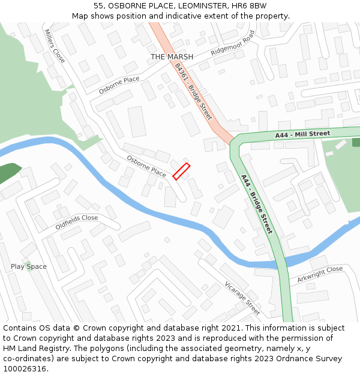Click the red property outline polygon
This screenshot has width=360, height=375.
click(x=181, y=171)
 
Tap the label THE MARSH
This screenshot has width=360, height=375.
click(x=172, y=57)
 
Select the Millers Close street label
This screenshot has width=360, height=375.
click(x=55, y=46)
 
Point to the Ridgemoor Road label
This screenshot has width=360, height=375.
click(x=233, y=43)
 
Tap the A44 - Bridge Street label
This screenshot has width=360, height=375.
click(x=257, y=204)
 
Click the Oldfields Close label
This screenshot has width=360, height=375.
click(x=76, y=222)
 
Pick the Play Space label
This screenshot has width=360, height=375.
click(x=28, y=266)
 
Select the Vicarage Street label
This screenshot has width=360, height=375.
click(x=242, y=298)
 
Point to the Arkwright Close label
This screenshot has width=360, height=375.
click(x=320, y=275)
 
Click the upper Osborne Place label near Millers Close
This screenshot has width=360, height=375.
click(x=119, y=85)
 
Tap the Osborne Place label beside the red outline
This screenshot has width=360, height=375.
click(x=146, y=166)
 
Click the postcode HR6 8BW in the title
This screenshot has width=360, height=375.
click(x=254, y=6)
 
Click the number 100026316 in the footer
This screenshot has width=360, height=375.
click(x=24, y=368)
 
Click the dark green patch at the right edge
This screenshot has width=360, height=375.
click(x=356, y=142)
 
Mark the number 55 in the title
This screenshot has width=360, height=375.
click(x=98, y=6)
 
